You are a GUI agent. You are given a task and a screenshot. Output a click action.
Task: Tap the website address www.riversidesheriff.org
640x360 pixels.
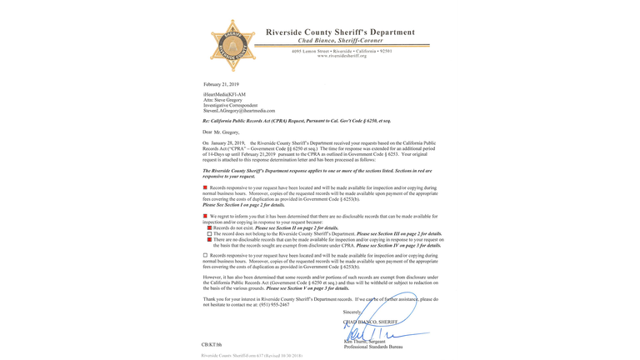[342, 56]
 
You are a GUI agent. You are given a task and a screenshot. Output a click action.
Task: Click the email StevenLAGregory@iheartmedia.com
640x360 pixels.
[239, 111]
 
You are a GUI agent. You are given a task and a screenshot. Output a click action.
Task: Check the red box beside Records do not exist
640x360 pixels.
[210, 227]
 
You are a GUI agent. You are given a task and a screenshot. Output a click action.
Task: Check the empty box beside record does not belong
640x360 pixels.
[210, 234]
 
